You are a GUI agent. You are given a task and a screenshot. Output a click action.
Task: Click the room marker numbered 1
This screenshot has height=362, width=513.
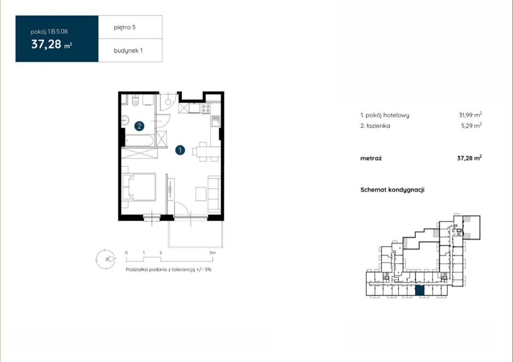[x=180, y=150]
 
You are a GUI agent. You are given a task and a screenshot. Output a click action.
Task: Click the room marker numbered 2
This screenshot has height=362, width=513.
[x=139, y=126]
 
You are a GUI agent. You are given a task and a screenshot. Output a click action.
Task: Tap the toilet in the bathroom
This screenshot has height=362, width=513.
[x=135, y=100]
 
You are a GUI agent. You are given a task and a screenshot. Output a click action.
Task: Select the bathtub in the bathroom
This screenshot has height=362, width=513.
[x=139, y=140]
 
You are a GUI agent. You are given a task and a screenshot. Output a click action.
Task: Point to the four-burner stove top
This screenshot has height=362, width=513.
[x=206, y=108]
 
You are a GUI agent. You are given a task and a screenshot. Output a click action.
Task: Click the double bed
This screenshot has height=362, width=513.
[x=139, y=187]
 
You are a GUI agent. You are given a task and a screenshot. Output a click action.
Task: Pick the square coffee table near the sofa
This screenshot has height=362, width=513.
[x=201, y=194]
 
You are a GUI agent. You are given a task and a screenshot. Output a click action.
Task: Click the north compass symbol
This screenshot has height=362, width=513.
[x=106, y=259]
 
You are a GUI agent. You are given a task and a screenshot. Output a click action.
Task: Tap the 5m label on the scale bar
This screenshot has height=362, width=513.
[x=213, y=253]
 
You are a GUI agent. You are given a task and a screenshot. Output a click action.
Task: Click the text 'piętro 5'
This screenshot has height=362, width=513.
[x=125, y=27]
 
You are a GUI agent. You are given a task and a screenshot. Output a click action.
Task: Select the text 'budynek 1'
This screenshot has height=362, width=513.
[x=128, y=51]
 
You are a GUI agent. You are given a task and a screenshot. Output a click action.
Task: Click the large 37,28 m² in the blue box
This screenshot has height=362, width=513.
[x=52, y=44]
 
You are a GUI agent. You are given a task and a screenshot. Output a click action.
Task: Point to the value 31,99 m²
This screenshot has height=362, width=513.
[x=470, y=114]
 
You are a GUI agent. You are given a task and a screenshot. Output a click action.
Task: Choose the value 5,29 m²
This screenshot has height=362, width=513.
[x=471, y=125]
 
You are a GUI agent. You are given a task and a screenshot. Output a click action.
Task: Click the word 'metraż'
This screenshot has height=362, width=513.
[x=371, y=158]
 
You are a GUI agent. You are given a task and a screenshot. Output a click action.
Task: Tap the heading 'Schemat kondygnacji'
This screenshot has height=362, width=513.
[x=392, y=190]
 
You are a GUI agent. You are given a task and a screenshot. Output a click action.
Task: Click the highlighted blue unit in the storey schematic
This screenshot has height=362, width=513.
[x=420, y=290]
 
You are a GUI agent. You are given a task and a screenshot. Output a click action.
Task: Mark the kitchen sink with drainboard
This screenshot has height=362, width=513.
[x=215, y=121]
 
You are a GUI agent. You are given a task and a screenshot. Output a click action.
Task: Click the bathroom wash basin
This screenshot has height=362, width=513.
[x=125, y=120]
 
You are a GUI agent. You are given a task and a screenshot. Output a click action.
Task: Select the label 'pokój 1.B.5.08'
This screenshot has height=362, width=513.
[x=49, y=32]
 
